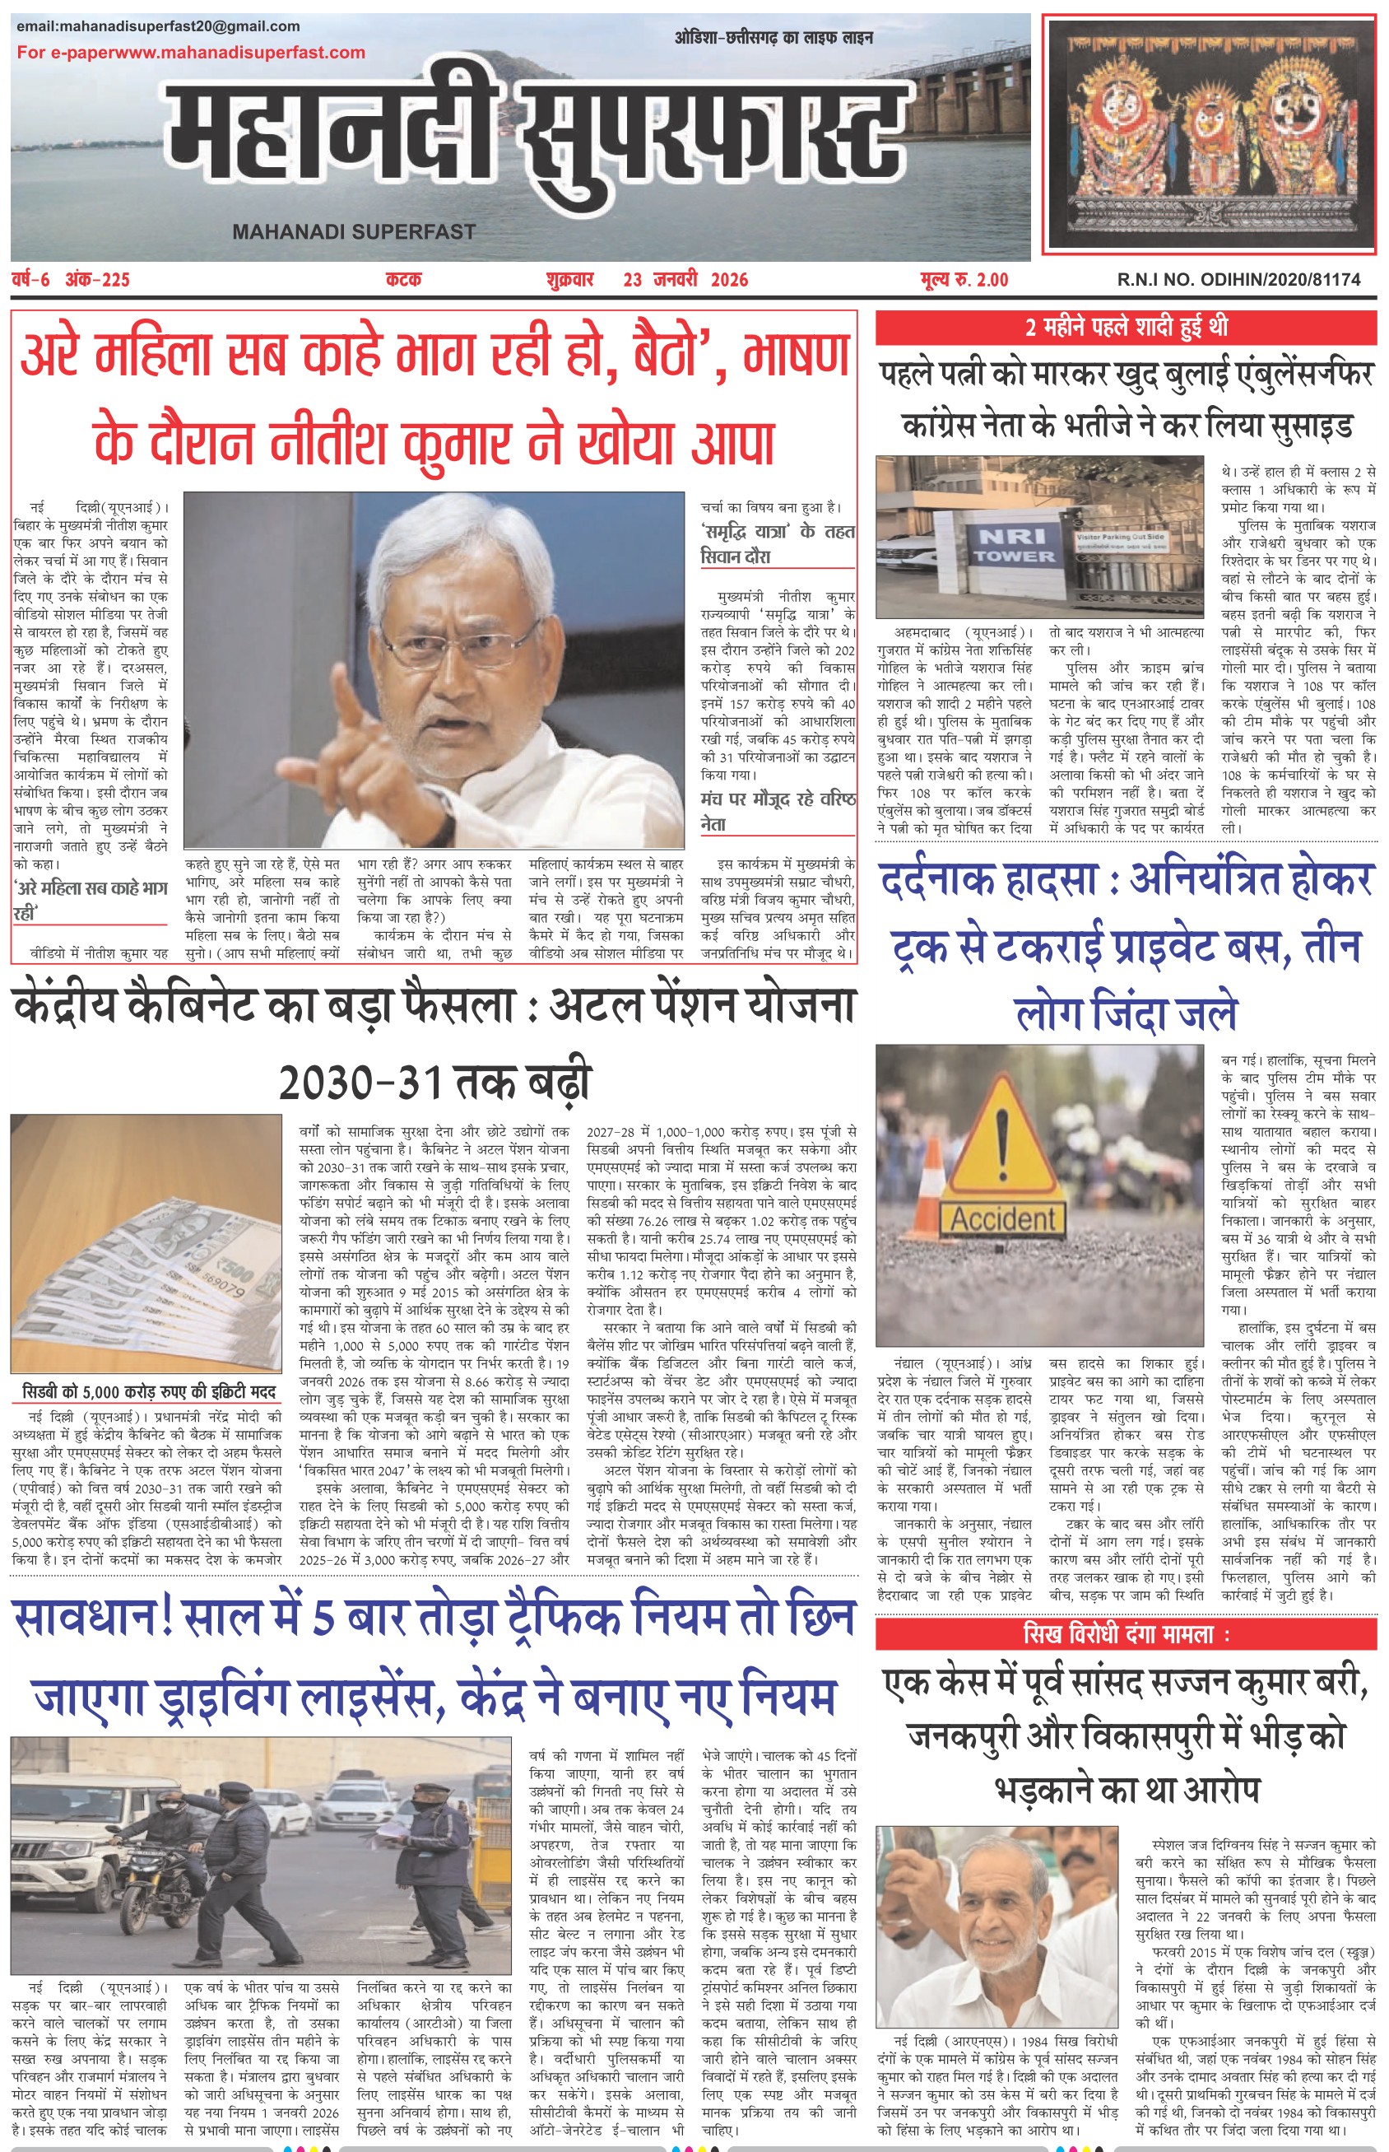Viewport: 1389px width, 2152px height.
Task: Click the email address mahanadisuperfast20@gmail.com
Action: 158,26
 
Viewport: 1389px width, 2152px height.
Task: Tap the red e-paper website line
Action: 190,53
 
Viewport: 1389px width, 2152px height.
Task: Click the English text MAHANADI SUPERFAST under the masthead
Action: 354,232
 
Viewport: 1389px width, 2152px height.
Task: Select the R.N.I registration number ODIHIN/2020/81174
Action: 1238,280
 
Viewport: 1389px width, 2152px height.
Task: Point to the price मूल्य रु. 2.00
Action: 964,280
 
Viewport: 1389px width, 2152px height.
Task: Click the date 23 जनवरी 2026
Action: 685,280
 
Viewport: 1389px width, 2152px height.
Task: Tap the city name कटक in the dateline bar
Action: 403,280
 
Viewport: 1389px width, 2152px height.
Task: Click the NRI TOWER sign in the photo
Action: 1013,546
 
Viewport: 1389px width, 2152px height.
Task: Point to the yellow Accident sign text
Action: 1002,1219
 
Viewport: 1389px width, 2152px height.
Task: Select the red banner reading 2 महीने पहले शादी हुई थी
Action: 1126,327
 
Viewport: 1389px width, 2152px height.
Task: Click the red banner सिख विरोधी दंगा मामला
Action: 1126,1634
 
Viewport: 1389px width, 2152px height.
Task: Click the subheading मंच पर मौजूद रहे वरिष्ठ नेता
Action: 778,811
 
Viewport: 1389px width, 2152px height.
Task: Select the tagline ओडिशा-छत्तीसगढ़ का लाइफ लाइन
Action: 773,38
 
